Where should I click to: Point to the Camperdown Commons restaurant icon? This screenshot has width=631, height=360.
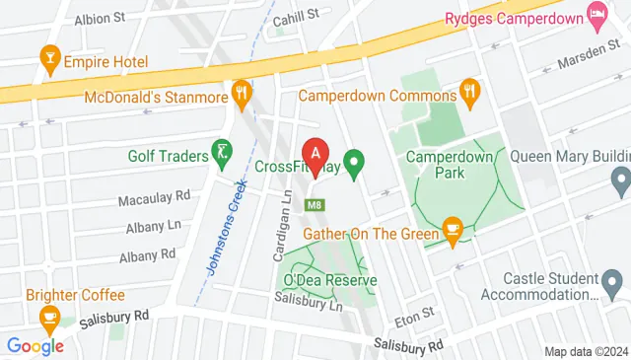point(469,95)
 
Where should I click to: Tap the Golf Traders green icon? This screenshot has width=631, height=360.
point(223,155)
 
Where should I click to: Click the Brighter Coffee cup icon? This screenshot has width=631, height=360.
point(46,318)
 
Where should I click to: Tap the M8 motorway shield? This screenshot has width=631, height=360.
point(315,205)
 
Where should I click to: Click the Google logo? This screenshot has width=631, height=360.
point(35,346)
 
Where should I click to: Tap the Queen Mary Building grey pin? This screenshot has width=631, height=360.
point(620,181)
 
